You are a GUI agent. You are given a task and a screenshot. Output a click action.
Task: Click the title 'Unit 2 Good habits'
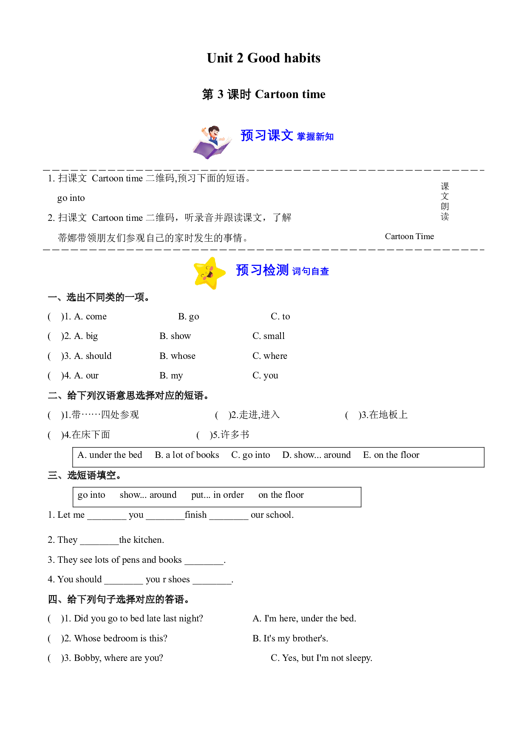coord(263,58)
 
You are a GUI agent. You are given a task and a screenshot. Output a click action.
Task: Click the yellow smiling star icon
coord(209,273)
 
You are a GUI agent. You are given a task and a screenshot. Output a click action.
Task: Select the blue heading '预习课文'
coord(267,135)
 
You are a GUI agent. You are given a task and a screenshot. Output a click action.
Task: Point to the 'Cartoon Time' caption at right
coord(409,237)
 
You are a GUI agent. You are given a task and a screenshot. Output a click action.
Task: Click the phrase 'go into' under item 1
coord(71,198)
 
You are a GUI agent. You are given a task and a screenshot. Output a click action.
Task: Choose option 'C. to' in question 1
coord(280,316)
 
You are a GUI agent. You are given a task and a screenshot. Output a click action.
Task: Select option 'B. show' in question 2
coord(175,336)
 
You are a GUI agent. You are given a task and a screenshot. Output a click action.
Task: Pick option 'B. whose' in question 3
coord(178,356)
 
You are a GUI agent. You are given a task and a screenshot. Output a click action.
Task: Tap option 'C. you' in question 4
coord(265,375)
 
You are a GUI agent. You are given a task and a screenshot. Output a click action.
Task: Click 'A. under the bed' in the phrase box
coord(110,455)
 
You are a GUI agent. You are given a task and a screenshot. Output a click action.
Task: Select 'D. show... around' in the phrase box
coord(317,455)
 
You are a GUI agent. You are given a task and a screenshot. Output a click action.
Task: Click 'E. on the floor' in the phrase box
coord(391,455)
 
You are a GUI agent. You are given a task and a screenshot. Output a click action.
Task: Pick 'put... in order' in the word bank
coord(218,495)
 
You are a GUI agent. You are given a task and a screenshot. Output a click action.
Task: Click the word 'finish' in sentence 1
coord(196,515)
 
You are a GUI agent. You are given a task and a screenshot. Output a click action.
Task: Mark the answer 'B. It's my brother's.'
coord(290,638)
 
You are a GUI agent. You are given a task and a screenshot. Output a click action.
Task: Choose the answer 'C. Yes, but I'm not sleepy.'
coord(321,658)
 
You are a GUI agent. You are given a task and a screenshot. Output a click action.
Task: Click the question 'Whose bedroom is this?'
coord(121,638)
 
